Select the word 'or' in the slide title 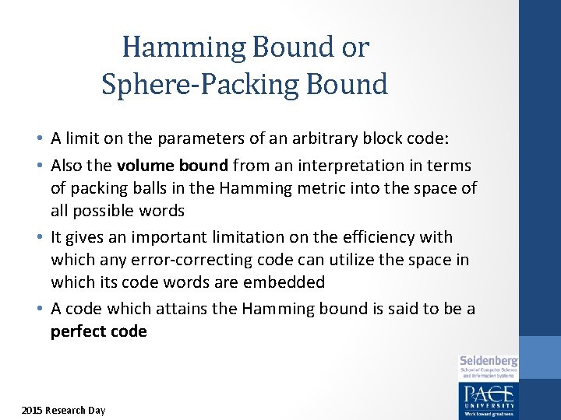pos(353,48)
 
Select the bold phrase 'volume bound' pos(161,165)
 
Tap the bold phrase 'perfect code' pos(99,331)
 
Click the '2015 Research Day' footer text pos(63,410)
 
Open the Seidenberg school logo pos(489,365)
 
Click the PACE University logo pos(488,399)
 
